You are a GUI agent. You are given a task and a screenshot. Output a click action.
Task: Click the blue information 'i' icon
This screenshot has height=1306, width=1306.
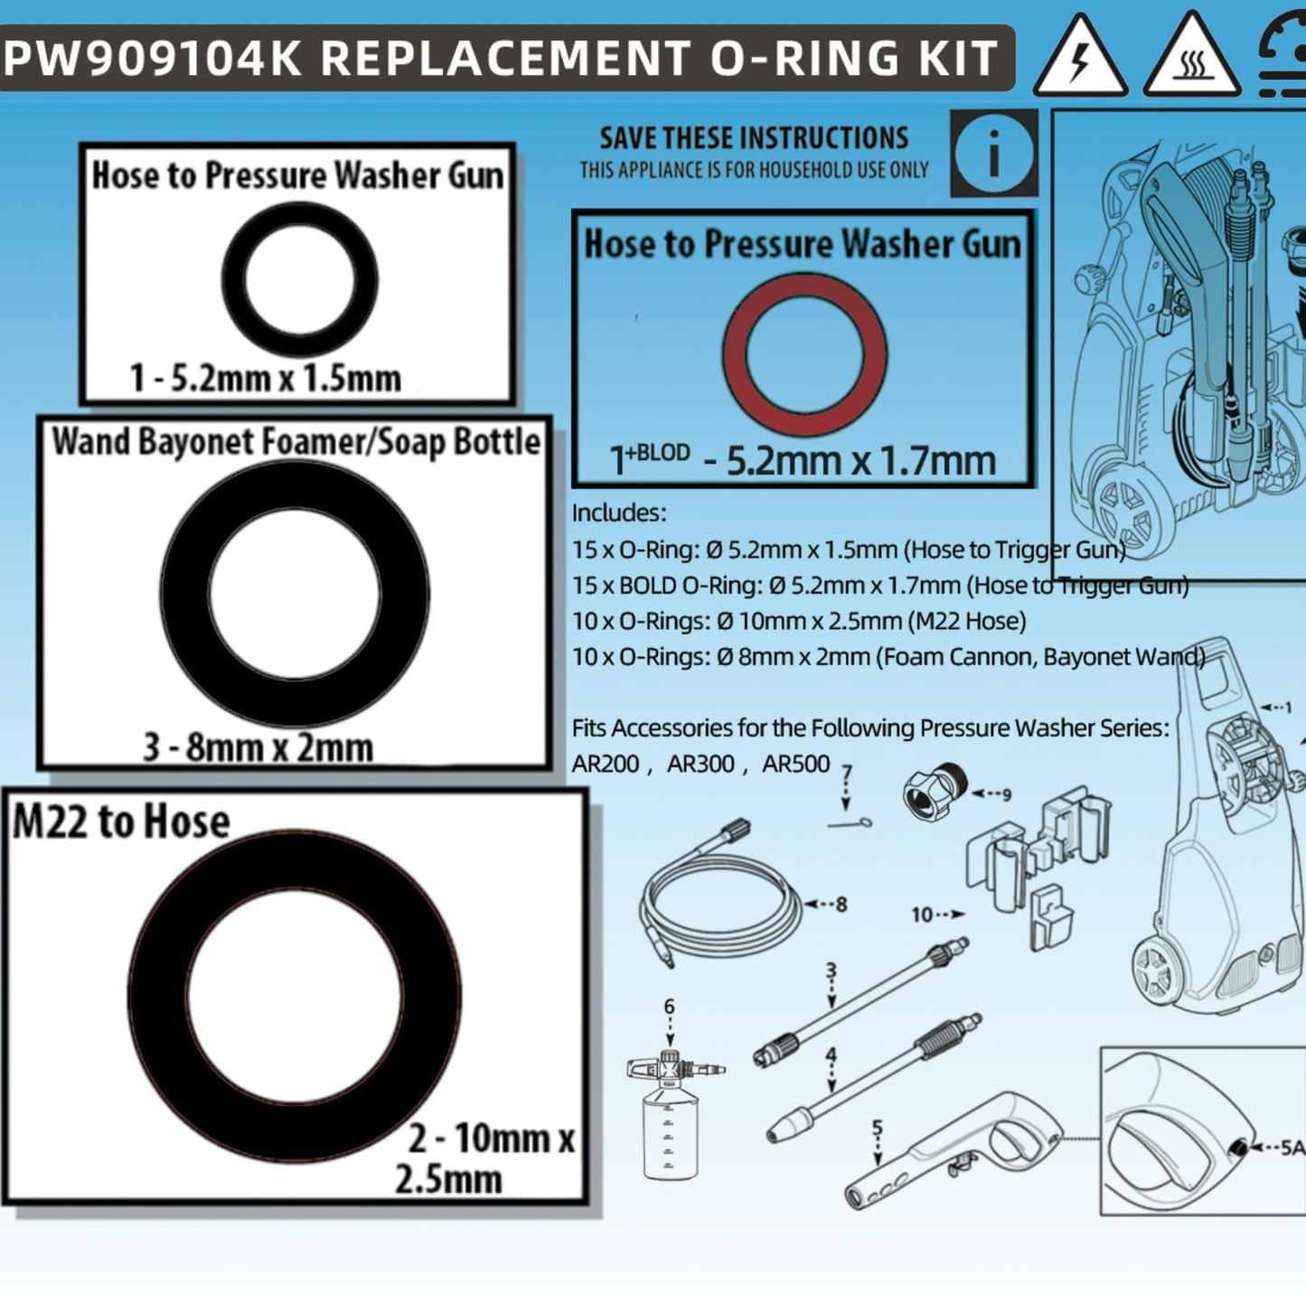coord(994,152)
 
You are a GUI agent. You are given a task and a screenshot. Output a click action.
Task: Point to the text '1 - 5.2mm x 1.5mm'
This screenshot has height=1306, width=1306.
coord(265,378)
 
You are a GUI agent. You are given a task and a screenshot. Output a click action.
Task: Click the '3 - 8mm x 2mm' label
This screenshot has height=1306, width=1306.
coord(258,747)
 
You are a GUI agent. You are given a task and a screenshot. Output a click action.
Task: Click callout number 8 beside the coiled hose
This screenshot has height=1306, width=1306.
coord(841,904)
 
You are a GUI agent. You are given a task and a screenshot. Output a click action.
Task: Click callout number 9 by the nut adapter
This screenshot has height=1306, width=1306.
coord(1006,794)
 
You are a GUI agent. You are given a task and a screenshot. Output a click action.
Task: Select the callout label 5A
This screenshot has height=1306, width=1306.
coord(1293,1148)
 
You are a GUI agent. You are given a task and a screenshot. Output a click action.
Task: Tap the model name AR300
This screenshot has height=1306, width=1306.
coord(700,765)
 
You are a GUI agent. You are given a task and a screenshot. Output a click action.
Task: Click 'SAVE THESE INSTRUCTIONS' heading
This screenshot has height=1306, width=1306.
coord(754,138)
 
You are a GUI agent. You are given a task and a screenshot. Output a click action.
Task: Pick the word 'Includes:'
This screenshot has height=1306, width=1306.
coord(619,513)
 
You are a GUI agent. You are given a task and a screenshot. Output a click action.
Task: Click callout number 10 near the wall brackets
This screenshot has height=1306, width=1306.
coord(921,915)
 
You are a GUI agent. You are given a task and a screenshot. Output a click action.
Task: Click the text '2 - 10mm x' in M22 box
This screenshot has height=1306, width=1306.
coord(491,1139)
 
